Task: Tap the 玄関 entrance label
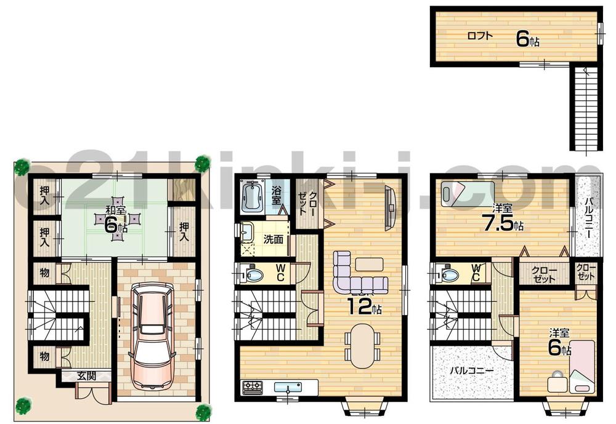point(86,375)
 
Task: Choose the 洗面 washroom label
point(274,239)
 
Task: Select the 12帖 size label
point(365,306)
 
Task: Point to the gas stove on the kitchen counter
point(253,388)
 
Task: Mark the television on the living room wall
point(389,207)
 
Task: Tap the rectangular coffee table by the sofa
point(368,263)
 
